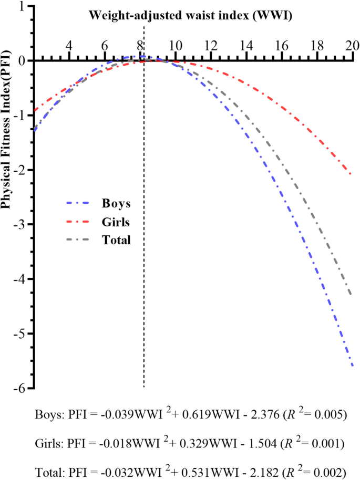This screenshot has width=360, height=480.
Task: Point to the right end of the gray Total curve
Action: (351, 295)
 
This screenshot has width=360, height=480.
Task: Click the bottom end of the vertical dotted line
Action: (144, 387)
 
